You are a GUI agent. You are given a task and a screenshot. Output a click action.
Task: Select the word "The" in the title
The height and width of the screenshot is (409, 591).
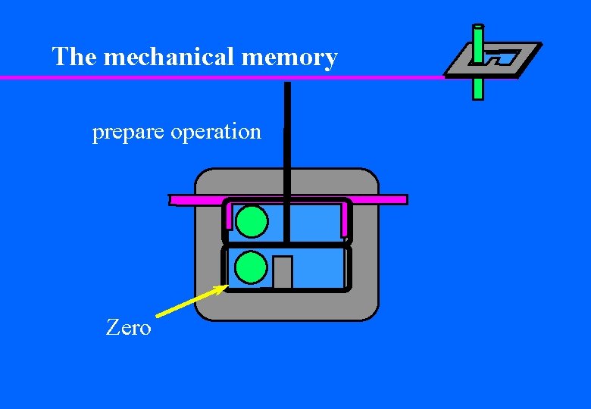coord(73,57)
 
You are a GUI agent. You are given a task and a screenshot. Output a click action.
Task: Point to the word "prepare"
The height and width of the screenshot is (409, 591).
coord(128,133)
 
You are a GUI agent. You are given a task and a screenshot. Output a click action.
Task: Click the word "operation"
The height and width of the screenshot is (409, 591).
coord(216,133)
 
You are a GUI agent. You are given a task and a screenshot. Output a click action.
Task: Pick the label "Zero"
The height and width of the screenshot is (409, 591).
coord(128,328)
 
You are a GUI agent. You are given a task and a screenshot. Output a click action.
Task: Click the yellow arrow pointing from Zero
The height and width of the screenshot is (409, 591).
coord(189,301)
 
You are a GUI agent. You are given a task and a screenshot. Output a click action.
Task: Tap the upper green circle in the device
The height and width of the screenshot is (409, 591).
coord(252,221)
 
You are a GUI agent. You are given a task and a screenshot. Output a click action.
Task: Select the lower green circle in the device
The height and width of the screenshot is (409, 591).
coord(251,267)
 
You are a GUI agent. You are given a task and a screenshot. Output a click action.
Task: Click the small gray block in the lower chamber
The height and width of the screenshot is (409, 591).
coord(283,272)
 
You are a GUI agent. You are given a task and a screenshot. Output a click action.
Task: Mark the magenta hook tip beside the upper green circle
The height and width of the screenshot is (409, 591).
coord(229,223)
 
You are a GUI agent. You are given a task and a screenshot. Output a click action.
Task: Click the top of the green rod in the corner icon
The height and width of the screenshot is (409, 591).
coord(478,30)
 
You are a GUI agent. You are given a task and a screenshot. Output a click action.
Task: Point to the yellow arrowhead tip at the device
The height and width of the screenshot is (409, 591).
coord(227,286)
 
